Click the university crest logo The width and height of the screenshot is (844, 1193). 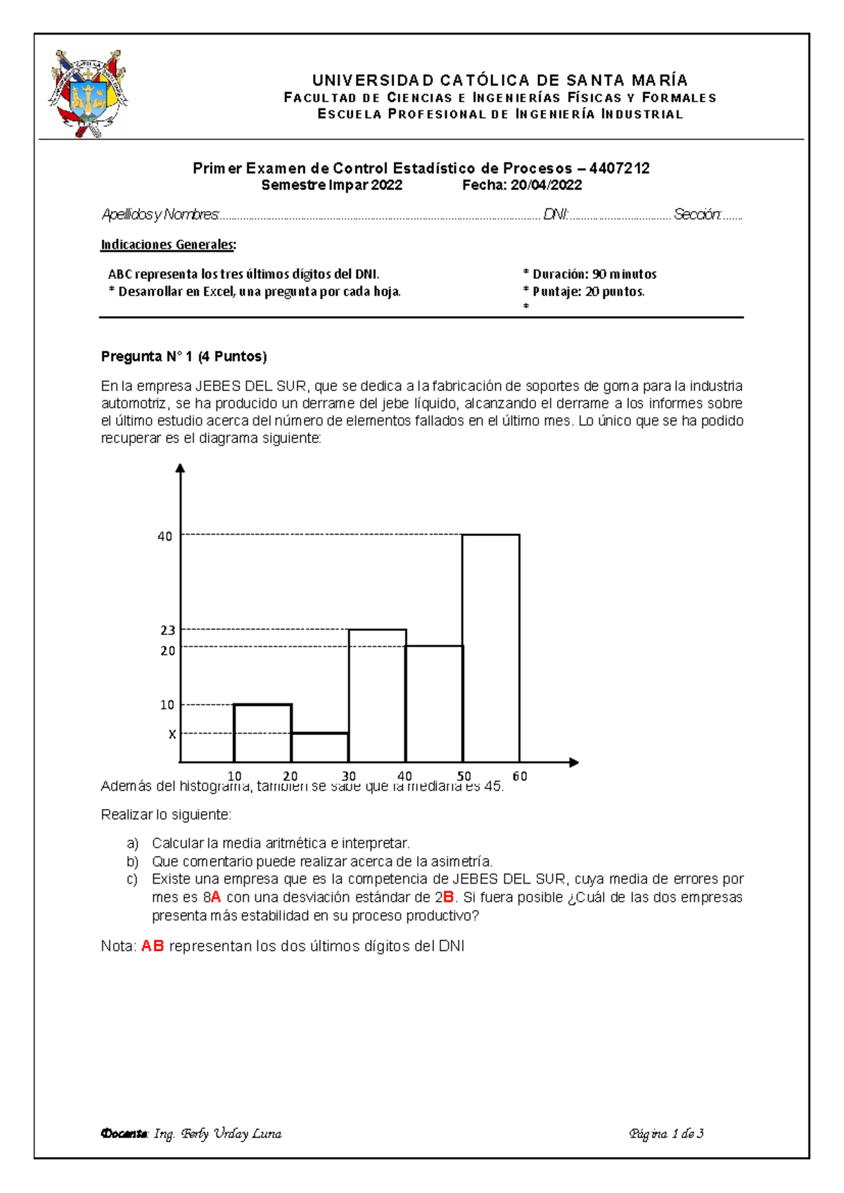(88, 94)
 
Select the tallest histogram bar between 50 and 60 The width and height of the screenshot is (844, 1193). (491, 647)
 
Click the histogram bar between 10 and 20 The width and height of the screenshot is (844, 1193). (262, 733)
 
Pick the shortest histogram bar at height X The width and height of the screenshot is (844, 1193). (320, 748)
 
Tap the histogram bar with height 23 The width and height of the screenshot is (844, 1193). (377, 695)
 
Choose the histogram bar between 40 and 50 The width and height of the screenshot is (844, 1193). (434, 703)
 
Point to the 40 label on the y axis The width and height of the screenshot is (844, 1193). (165, 537)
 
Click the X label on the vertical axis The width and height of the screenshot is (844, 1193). (172, 734)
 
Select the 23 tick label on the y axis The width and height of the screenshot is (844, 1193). (167, 630)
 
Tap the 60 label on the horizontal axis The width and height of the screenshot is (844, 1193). (520, 777)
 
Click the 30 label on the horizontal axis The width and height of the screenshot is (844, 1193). (349, 777)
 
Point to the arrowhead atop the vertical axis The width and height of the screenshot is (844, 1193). (181, 468)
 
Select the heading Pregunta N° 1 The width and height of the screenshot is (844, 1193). (184, 357)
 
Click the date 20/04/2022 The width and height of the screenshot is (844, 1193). (546, 185)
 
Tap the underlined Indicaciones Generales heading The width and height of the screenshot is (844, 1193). (168, 245)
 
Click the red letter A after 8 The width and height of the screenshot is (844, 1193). (216, 897)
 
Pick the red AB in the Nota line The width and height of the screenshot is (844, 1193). (153, 946)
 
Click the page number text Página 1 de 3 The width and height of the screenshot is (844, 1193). (666, 1133)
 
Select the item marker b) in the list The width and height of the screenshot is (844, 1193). (132, 862)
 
